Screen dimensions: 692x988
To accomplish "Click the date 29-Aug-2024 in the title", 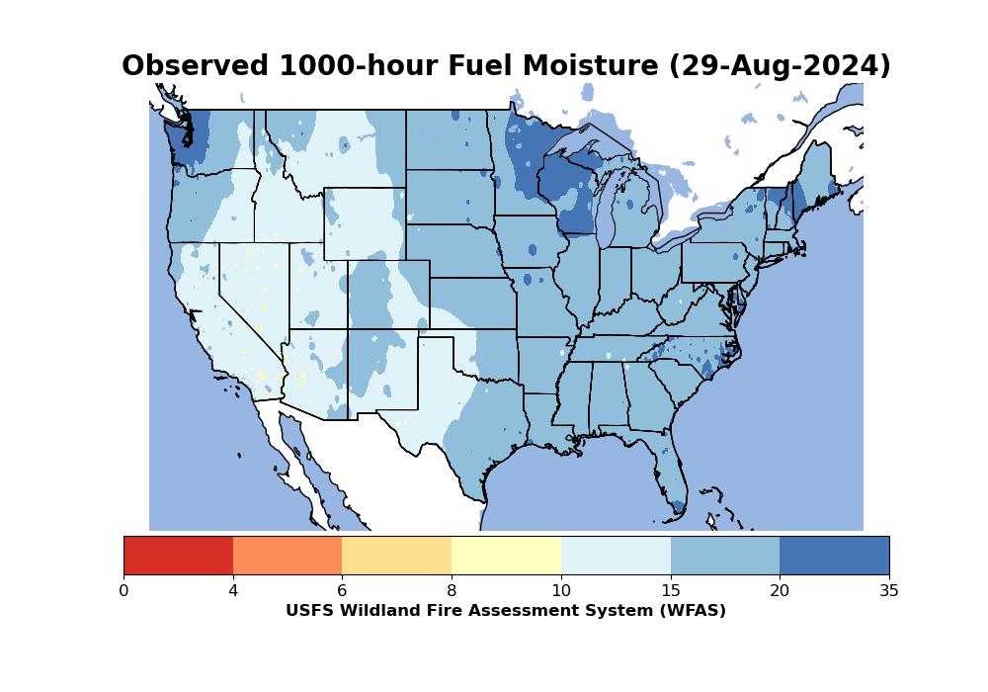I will pos(780,66).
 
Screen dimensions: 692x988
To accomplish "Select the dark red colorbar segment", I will pos(178,555).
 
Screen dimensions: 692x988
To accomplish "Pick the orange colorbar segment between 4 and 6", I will pos(288,555).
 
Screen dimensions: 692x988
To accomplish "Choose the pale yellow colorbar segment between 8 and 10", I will pos(506,555).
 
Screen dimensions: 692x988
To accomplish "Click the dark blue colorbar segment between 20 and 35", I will pos(834,555).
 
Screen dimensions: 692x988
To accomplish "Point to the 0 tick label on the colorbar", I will pos(123,591).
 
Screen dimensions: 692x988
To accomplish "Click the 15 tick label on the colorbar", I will pos(670,591).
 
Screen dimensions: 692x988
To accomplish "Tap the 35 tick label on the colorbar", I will pos(889,591).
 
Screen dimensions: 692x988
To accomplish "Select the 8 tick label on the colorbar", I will pos(452,591).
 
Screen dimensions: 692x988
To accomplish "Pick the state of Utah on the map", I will pos(318,287).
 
